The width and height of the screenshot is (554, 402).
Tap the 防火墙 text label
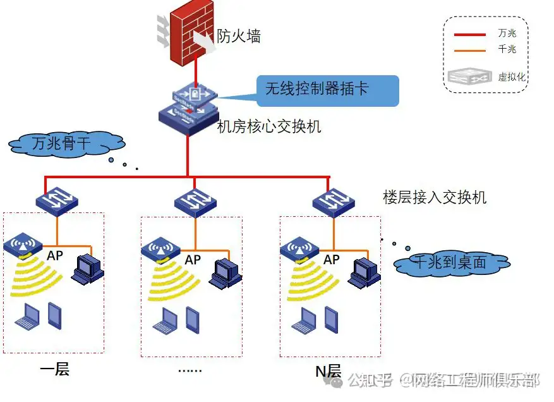[239, 37]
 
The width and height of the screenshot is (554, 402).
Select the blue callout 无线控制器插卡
[328, 90]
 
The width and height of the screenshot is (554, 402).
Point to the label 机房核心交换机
[268, 126]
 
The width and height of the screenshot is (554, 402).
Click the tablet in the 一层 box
[55, 315]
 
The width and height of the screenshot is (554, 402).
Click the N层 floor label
[328, 371]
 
